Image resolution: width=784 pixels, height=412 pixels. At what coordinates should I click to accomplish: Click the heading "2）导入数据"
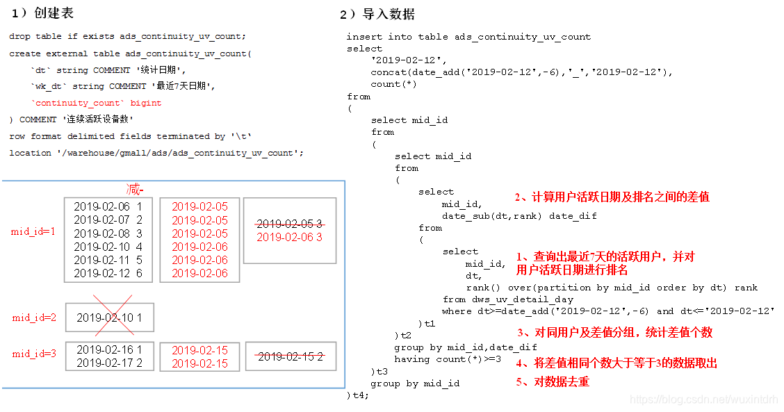(377, 14)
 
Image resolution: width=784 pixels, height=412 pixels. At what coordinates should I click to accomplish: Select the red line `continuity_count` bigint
(97, 103)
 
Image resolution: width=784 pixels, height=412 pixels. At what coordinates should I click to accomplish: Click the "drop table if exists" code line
(127, 36)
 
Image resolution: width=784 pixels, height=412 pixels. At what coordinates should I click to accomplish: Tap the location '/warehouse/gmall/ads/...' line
(156, 153)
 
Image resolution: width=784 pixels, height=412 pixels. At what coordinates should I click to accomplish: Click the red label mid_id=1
(33, 231)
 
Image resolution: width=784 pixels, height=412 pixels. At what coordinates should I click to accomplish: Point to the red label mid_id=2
(34, 318)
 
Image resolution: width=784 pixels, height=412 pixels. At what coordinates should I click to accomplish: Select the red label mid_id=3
(34, 354)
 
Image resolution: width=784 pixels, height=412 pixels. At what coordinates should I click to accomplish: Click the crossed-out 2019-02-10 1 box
(109, 318)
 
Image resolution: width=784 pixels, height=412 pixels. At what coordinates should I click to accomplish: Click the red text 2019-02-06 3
(290, 237)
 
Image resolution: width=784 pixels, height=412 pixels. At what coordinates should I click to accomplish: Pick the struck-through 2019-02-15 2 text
(291, 356)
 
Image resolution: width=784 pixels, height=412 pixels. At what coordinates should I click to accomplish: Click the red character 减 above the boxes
(133, 190)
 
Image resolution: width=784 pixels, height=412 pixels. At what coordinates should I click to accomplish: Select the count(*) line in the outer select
(393, 84)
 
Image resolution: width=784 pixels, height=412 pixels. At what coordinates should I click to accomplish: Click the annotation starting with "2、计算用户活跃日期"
(612, 197)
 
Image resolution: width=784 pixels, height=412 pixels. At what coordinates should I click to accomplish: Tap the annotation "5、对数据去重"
(553, 381)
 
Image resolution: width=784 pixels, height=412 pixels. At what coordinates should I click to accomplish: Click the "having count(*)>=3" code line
(448, 359)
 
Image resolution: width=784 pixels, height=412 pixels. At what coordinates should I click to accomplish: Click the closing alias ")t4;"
(358, 395)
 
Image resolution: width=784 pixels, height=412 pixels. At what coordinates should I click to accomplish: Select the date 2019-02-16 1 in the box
(109, 349)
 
